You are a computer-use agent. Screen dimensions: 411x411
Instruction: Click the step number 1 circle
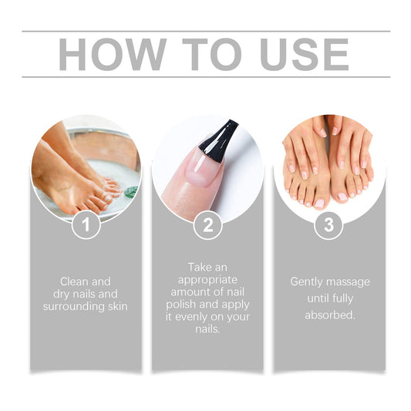point(86,225)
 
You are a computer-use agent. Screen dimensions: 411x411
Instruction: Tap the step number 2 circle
point(207,225)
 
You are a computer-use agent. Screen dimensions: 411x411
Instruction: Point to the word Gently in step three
point(307,281)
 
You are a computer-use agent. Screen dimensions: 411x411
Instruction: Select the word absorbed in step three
point(329,315)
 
